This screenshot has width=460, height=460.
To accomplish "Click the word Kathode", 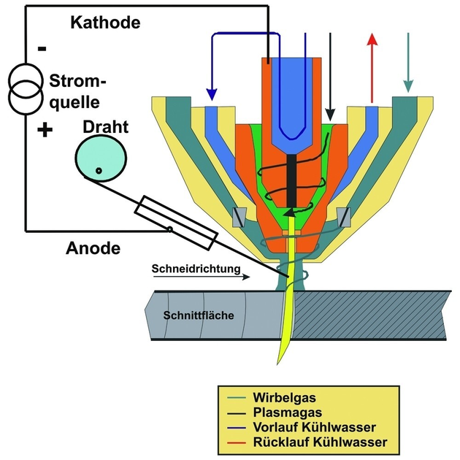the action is click(x=106, y=23).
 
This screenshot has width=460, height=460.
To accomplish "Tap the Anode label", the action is click(x=93, y=248).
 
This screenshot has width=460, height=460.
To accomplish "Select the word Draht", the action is click(x=106, y=127).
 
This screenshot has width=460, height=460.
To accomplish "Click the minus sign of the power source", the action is click(x=42, y=49).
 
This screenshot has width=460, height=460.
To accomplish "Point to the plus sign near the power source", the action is click(x=45, y=129).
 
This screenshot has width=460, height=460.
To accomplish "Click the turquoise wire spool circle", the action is click(x=101, y=158).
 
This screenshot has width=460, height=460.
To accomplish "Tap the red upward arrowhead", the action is click(x=372, y=39).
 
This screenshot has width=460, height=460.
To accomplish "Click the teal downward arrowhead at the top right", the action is click(x=408, y=86).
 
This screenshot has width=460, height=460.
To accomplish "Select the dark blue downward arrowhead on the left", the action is click(x=212, y=94).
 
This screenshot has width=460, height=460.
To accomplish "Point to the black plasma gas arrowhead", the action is click(x=330, y=115).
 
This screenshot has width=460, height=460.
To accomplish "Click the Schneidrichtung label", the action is click(x=196, y=269).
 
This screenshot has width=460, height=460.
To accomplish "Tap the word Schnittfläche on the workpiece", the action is click(x=199, y=315).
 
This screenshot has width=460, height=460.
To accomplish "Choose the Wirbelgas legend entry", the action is click(x=284, y=397).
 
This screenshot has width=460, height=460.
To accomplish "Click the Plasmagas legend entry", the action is click(x=288, y=413).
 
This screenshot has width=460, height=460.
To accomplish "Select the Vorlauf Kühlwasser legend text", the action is click(x=314, y=427).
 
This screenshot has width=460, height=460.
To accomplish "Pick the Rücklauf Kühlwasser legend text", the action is click(x=320, y=442).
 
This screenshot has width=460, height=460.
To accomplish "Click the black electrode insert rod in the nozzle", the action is click(x=291, y=181).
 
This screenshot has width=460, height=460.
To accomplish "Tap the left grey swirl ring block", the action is click(x=239, y=217).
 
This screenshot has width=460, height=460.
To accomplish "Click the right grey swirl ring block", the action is click(x=343, y=217).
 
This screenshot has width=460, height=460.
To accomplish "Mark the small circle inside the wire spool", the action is click(x=99, y=170).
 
